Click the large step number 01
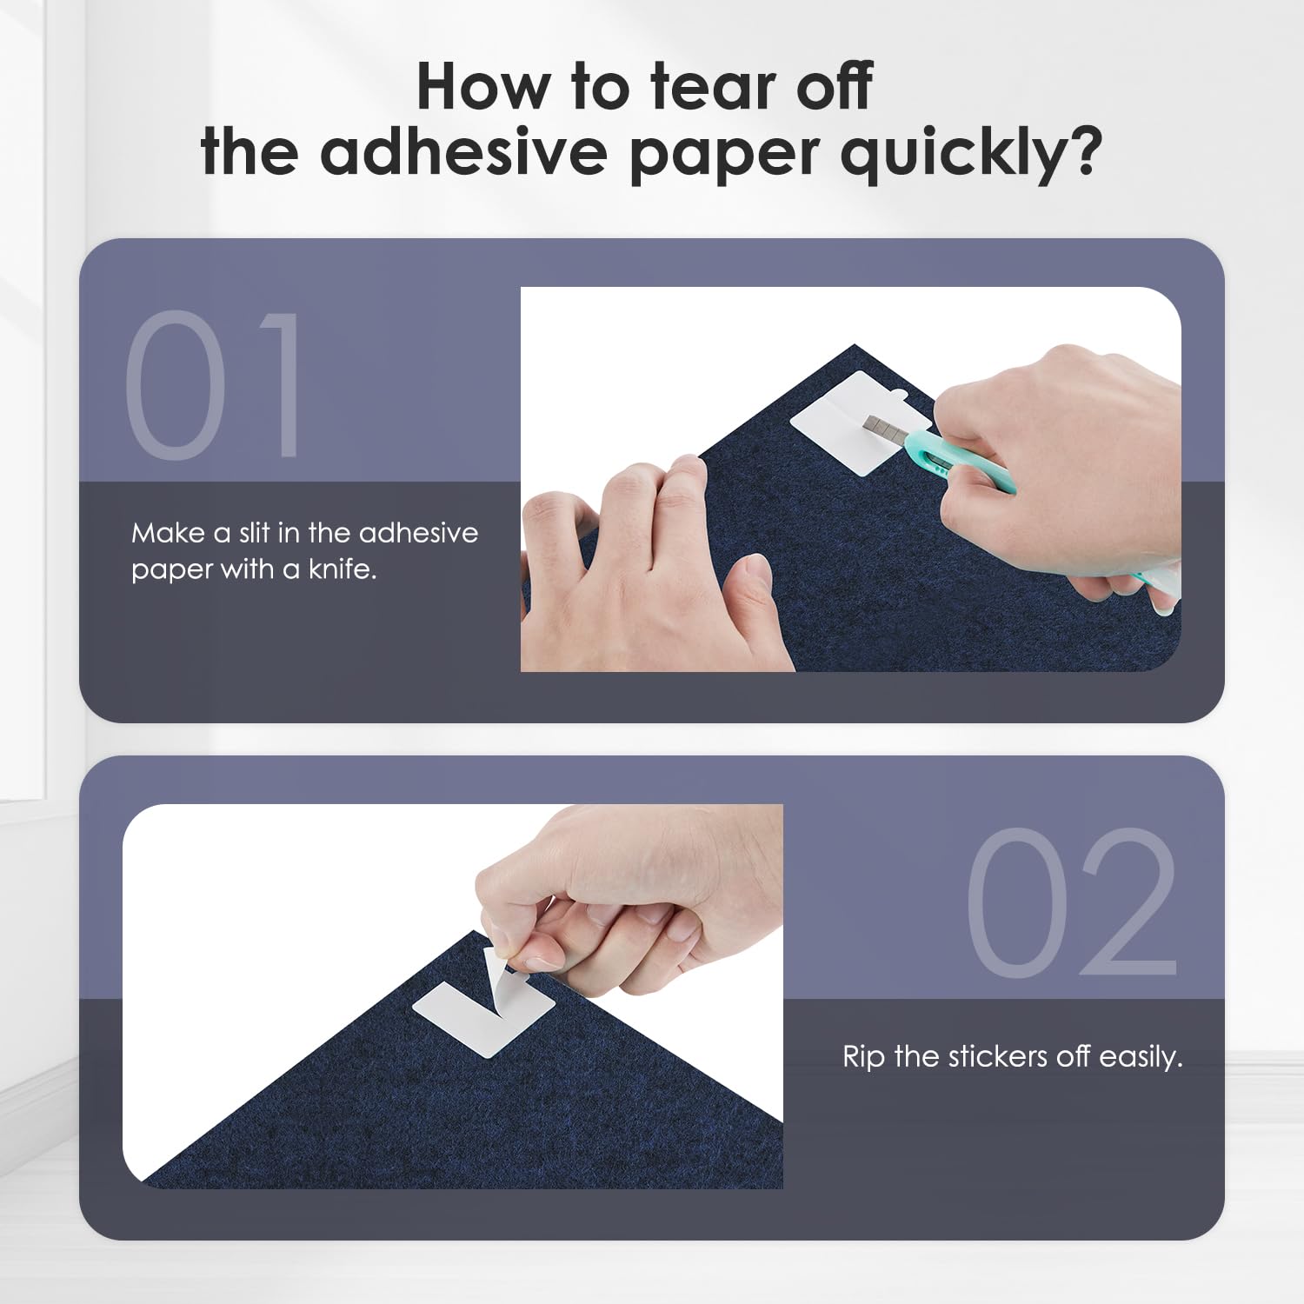[215, 385]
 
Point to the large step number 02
[1071, 901]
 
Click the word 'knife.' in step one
[343, 570]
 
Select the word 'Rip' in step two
[864, 1058]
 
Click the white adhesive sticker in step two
[483, 1013]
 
